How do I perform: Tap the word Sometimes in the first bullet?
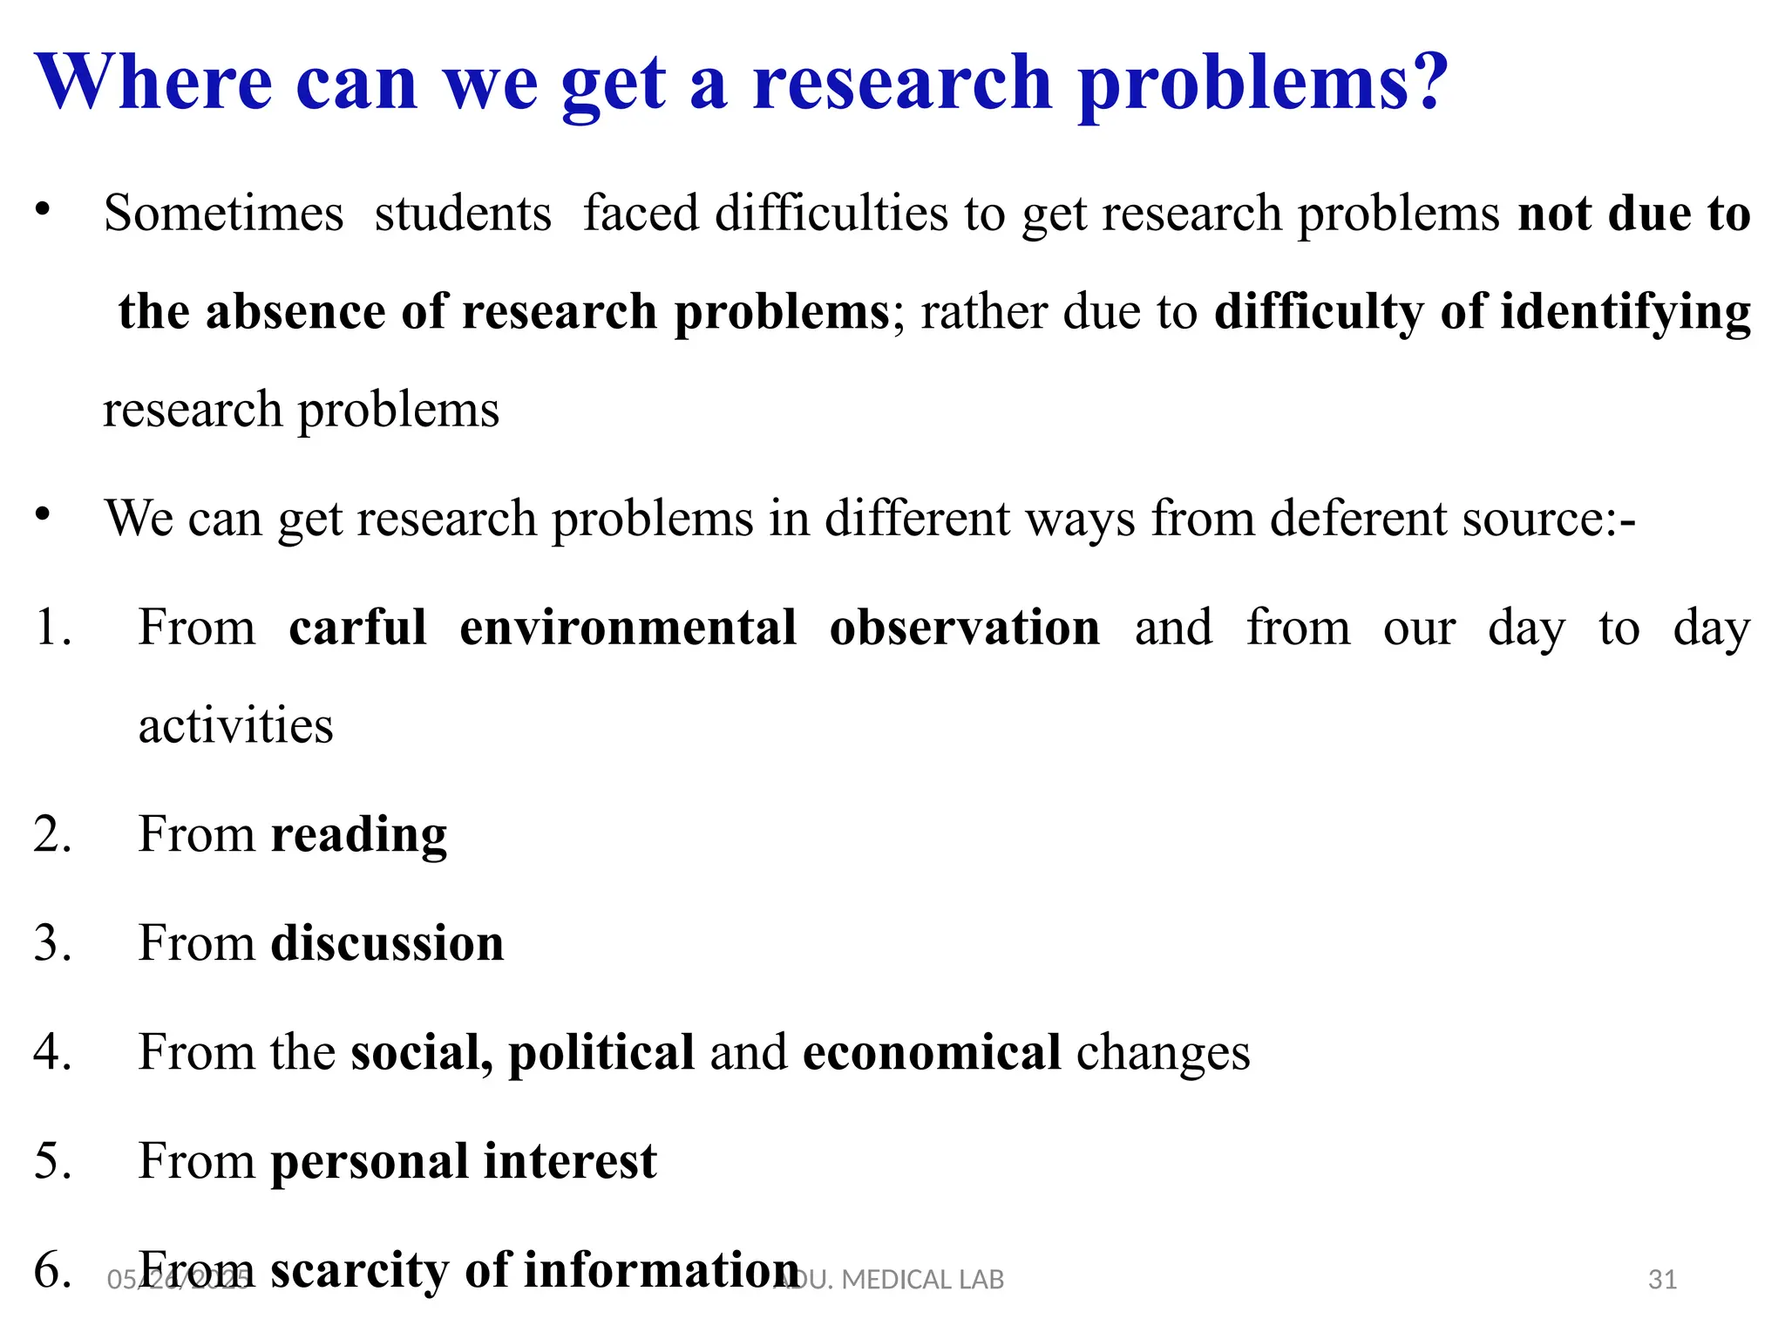coord(223,213)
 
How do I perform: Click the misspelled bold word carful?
coord(357,627)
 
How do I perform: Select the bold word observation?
coord(964,627)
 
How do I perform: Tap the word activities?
coord(235,725)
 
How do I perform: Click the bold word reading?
coord(358,835)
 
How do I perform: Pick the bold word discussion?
coord(387,943)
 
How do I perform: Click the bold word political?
coord(601,1052)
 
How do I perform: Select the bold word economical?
coord(931,1052)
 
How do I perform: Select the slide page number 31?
coord(1662,1280)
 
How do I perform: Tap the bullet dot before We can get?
coord(43,515)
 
